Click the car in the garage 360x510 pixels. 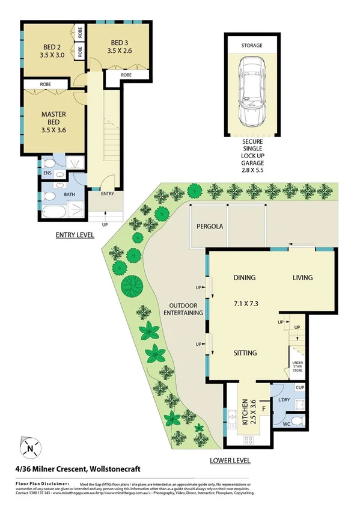tap(252, 90)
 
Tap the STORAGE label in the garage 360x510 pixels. tap(252, 45)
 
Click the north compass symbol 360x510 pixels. tap(29, 448)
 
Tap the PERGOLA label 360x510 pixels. tap(208, 227)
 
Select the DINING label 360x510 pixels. tap(245, 278)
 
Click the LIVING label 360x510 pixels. tap(303, 278)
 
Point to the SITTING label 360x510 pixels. tap(245, 353)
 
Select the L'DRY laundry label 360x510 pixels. tap(285, 399)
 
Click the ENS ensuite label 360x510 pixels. tap(48, 173)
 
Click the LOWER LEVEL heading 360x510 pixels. tap(230, 461)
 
